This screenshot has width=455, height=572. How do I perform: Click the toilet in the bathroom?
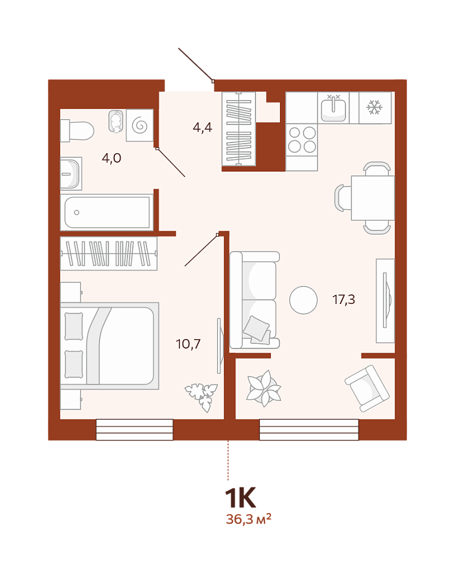(x=77, y=130)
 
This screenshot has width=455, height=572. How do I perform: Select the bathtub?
(x=107, y=212)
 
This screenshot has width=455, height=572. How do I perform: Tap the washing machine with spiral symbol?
(x=139, y=125)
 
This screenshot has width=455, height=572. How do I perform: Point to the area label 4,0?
(x=111, y=158)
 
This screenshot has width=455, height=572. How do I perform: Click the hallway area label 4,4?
(x=202, y=128)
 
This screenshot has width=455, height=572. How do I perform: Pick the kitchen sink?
(x=334, y=108)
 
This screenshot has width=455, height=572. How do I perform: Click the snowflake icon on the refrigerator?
(x=375, y=108)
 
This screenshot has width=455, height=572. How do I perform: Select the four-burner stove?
(x=302, y=139)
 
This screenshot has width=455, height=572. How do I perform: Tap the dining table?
(x=373, y=198)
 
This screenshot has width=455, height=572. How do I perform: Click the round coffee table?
(x=303, y=300)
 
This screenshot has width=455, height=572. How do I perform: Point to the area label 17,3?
(x=344, y=300)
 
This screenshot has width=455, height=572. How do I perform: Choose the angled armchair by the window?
(x=367, y=388)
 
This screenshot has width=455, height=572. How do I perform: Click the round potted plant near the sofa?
(x=264, y=388)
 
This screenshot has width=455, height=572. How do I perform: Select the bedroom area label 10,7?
(x=188, y=344)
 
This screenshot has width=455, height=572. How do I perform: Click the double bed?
(x=110, y=346)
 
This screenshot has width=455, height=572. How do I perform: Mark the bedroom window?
(x=135, y=430)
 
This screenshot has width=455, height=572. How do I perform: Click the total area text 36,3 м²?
(x=249, y=518)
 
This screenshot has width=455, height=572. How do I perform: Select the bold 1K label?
(x=240, y=498)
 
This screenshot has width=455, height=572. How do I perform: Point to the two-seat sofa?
(x=254, y=300)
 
